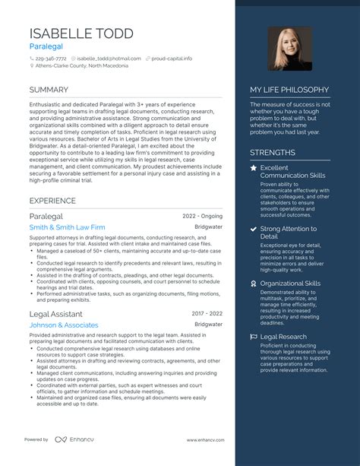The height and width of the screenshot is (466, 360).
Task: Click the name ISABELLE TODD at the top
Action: [x=81, y=33]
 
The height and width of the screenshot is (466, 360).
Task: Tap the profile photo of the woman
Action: [x=289, y=49]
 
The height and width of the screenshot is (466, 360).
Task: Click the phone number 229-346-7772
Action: [x=52, y=58]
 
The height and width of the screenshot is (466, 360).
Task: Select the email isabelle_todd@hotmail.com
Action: [x=109, y=58]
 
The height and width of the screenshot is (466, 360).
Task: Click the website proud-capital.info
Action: [x=172, y=58]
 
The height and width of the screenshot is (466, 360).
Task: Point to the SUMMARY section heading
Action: [x=49, y=90]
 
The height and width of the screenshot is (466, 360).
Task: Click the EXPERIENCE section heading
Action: [x=52, y=201]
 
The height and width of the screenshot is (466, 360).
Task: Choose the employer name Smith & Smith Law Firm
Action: [x=67, y=227]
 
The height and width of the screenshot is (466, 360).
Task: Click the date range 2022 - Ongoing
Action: [x=203, y=216]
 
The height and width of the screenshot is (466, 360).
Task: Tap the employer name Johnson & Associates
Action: [x=64, y=325]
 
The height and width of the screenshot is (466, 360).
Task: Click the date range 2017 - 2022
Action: [x=207, y=312]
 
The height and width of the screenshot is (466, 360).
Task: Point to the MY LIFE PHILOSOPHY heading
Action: [x=289, y=90]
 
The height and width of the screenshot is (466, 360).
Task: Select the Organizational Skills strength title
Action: [x=290, y=283]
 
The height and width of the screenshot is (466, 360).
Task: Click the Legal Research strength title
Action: [x=283, y=336]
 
